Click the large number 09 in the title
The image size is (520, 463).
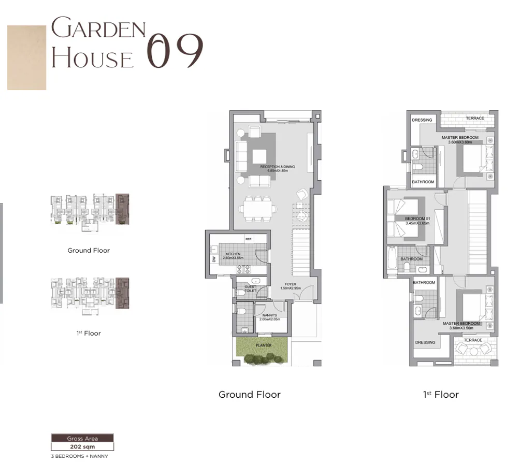pos(174,51)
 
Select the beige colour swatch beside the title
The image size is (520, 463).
pos(26,57)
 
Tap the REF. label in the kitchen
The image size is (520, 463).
pos(249,239)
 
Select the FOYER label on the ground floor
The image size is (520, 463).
pos(291,284)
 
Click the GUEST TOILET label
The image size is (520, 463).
pos(250,289)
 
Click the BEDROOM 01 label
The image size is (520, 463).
pos(417,219)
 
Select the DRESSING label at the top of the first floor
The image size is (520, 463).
pos(422,120)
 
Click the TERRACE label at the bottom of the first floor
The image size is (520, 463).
pos(472,340)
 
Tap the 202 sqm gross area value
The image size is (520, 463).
pos(82,446)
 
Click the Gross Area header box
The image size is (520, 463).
pos(82,438)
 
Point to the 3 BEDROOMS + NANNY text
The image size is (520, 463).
pos(79,456)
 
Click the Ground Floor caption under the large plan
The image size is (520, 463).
pos(249,395)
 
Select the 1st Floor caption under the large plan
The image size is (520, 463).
pos(441,395)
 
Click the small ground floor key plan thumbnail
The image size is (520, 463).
pos(89,212)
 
